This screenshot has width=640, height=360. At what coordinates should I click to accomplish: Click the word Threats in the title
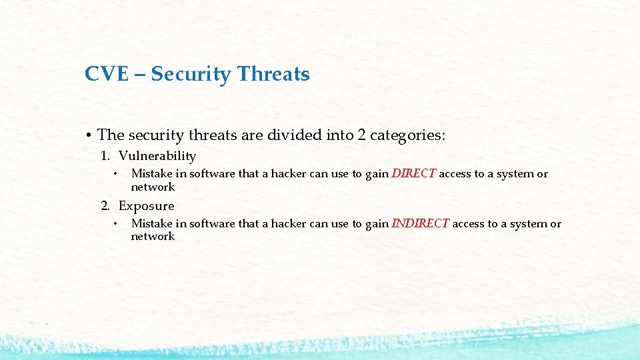(x=273, y=74)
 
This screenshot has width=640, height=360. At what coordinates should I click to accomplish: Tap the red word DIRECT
(x=413, y=174)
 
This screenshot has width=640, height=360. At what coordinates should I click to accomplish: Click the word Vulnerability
(x=157, y=156)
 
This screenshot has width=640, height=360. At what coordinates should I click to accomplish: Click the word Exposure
(x=146, y=206)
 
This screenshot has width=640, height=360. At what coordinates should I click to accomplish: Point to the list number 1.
(x=105, y=156)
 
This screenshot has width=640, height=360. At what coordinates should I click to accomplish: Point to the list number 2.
(x=105, y=206)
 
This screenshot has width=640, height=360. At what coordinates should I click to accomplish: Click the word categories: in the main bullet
(x=407, y=135)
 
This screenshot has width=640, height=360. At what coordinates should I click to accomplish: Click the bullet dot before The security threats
(x=89, y=135)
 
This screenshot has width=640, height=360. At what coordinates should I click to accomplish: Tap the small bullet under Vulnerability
(x=115, y=174)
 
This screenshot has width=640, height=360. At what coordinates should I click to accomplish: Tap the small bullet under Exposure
(x=115, y=224)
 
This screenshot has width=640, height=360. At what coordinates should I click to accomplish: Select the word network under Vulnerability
(x=153, y=187)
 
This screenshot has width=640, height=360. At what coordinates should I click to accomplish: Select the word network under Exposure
(x=153, y=237)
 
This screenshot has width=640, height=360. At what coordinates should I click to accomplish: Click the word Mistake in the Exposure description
(x=151, y=224)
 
